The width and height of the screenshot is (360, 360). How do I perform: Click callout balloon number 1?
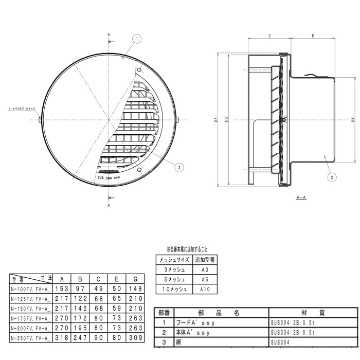[137, 39]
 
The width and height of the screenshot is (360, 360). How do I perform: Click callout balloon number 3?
[178, 167]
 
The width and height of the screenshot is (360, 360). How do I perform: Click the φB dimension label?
[352, 120]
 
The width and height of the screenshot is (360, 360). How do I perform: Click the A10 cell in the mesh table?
[205, 290]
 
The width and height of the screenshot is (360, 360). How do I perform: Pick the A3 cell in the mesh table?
[205, 269]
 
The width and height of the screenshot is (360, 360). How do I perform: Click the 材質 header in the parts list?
[313, 313]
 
